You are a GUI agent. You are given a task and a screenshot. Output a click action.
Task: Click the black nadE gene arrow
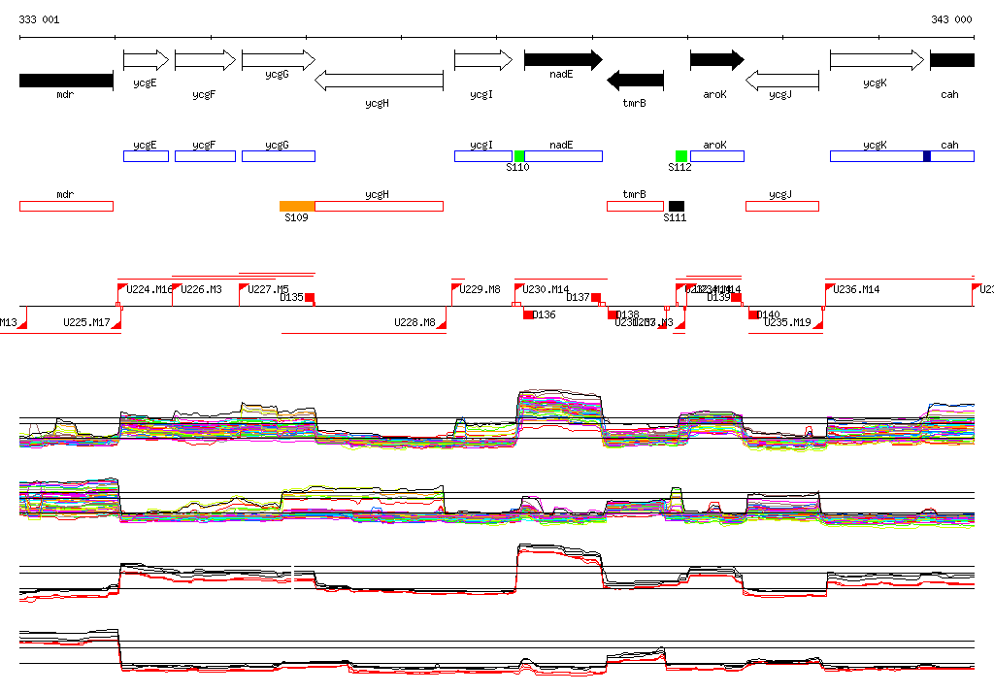click(x=562, y=60)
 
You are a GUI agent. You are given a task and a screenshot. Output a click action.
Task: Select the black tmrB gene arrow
click(x=635, y=80)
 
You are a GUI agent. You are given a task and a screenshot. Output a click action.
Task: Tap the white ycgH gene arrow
click(x=379, y=80)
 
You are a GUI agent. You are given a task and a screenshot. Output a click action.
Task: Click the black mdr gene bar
click(x=66, y=80)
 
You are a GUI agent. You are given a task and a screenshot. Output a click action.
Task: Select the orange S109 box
click(x=297, y=206)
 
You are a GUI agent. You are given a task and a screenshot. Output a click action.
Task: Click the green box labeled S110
click(x=519, y=156)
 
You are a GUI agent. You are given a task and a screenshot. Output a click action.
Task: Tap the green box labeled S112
click(x=681, y=156)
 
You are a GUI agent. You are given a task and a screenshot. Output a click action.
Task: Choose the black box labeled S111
click(x=677, y=206)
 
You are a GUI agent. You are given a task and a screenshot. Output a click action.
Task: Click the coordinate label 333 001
click(x=39, y=19)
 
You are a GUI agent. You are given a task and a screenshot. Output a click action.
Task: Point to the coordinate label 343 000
click(x=951, y=19)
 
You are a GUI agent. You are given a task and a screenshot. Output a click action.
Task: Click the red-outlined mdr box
click(x=66, y=206)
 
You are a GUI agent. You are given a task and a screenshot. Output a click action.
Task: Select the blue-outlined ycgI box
click(x=483, y=156)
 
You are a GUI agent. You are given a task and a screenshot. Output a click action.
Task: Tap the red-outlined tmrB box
click(x=635, y=206)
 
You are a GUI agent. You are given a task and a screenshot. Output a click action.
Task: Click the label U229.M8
click(x=480, y=289)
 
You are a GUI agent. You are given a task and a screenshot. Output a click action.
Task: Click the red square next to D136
click(x=528, y=314)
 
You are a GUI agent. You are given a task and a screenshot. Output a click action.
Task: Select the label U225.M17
click(x=86, y=322)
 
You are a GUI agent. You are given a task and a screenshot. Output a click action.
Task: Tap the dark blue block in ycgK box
click(x=927, y=156)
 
